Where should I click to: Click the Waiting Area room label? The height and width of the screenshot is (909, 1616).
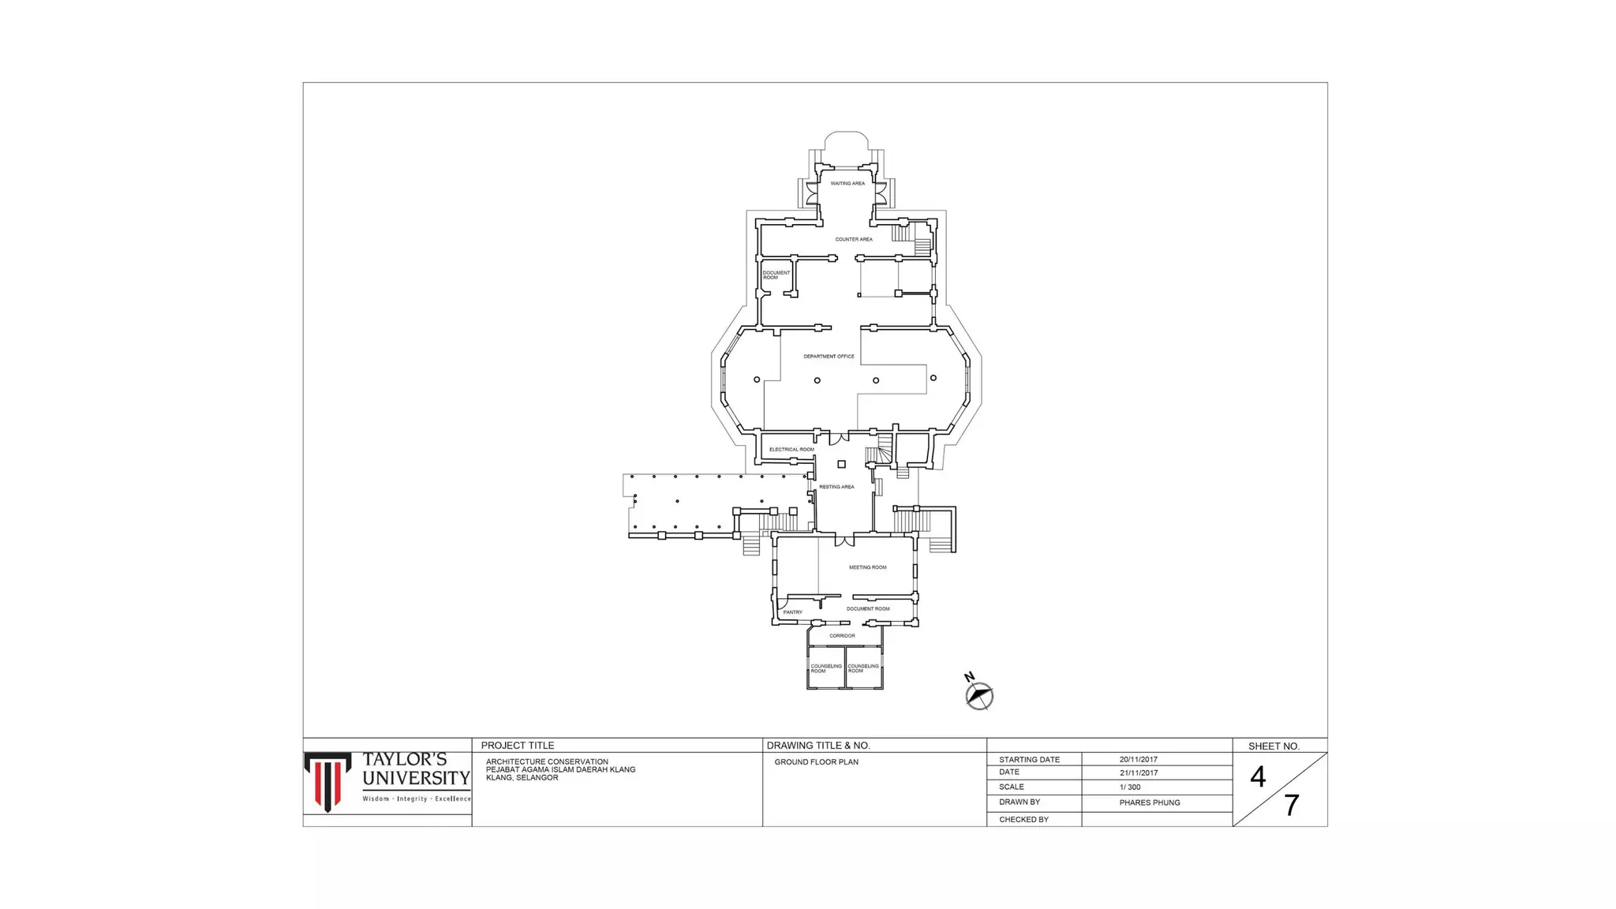(x=847, y=184)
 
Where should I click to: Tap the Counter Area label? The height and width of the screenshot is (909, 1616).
(x=854, y=239)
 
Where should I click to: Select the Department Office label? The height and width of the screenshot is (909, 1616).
(x=829, y=357)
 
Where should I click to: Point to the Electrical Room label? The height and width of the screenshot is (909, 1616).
(x=791, y=450)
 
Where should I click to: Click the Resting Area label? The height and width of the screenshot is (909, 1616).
(x=836, y=487)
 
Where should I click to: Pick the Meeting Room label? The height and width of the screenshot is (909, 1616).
(x=867, y=567)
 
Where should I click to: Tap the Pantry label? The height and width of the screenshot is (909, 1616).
(x=792, y=612)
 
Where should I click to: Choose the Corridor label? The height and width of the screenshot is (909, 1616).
(x=842, y=636)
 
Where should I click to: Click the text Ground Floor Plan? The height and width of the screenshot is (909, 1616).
(x=816, y=762)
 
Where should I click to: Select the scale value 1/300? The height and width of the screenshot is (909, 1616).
(x=1130, y=787)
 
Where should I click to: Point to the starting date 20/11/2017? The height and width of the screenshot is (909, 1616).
(x=1139, y=760)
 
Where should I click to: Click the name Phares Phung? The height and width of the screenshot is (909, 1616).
(x=1150, y=802)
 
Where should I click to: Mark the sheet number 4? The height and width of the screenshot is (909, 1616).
(x=1258, y=777)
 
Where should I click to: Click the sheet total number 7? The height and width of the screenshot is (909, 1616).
(x=1292, y=805)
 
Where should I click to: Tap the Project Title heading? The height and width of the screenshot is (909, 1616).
(x=518, y=746)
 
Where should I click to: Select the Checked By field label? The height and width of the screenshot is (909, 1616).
(x=1023, y=820)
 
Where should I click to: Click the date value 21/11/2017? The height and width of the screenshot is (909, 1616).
(x=1139, y=773)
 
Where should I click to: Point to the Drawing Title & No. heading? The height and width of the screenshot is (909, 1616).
(x=818, y=746)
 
